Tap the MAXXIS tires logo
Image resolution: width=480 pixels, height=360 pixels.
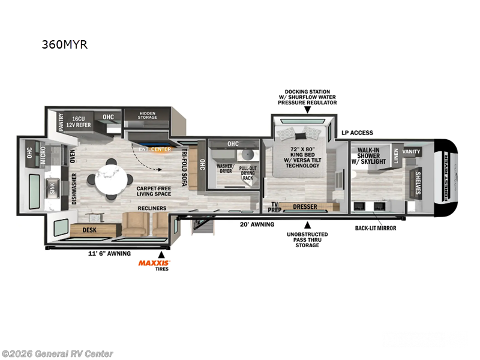click(x=155, y=263)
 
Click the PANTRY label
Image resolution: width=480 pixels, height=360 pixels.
click(x=61, y=122)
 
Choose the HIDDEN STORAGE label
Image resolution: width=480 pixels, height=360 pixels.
click(x=148, y=115)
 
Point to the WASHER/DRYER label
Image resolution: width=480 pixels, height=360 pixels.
click(x=225, y=167)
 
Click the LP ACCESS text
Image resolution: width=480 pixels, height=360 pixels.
click(x=357, y=133)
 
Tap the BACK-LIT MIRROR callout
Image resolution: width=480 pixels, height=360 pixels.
click(x=375, y=228)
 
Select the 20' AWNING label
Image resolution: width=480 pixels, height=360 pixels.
click(x=257, y=224)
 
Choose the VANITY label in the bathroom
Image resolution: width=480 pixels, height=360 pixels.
click(x=411, y=152)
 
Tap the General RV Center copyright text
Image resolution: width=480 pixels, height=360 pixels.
click(x=58, y=353)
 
